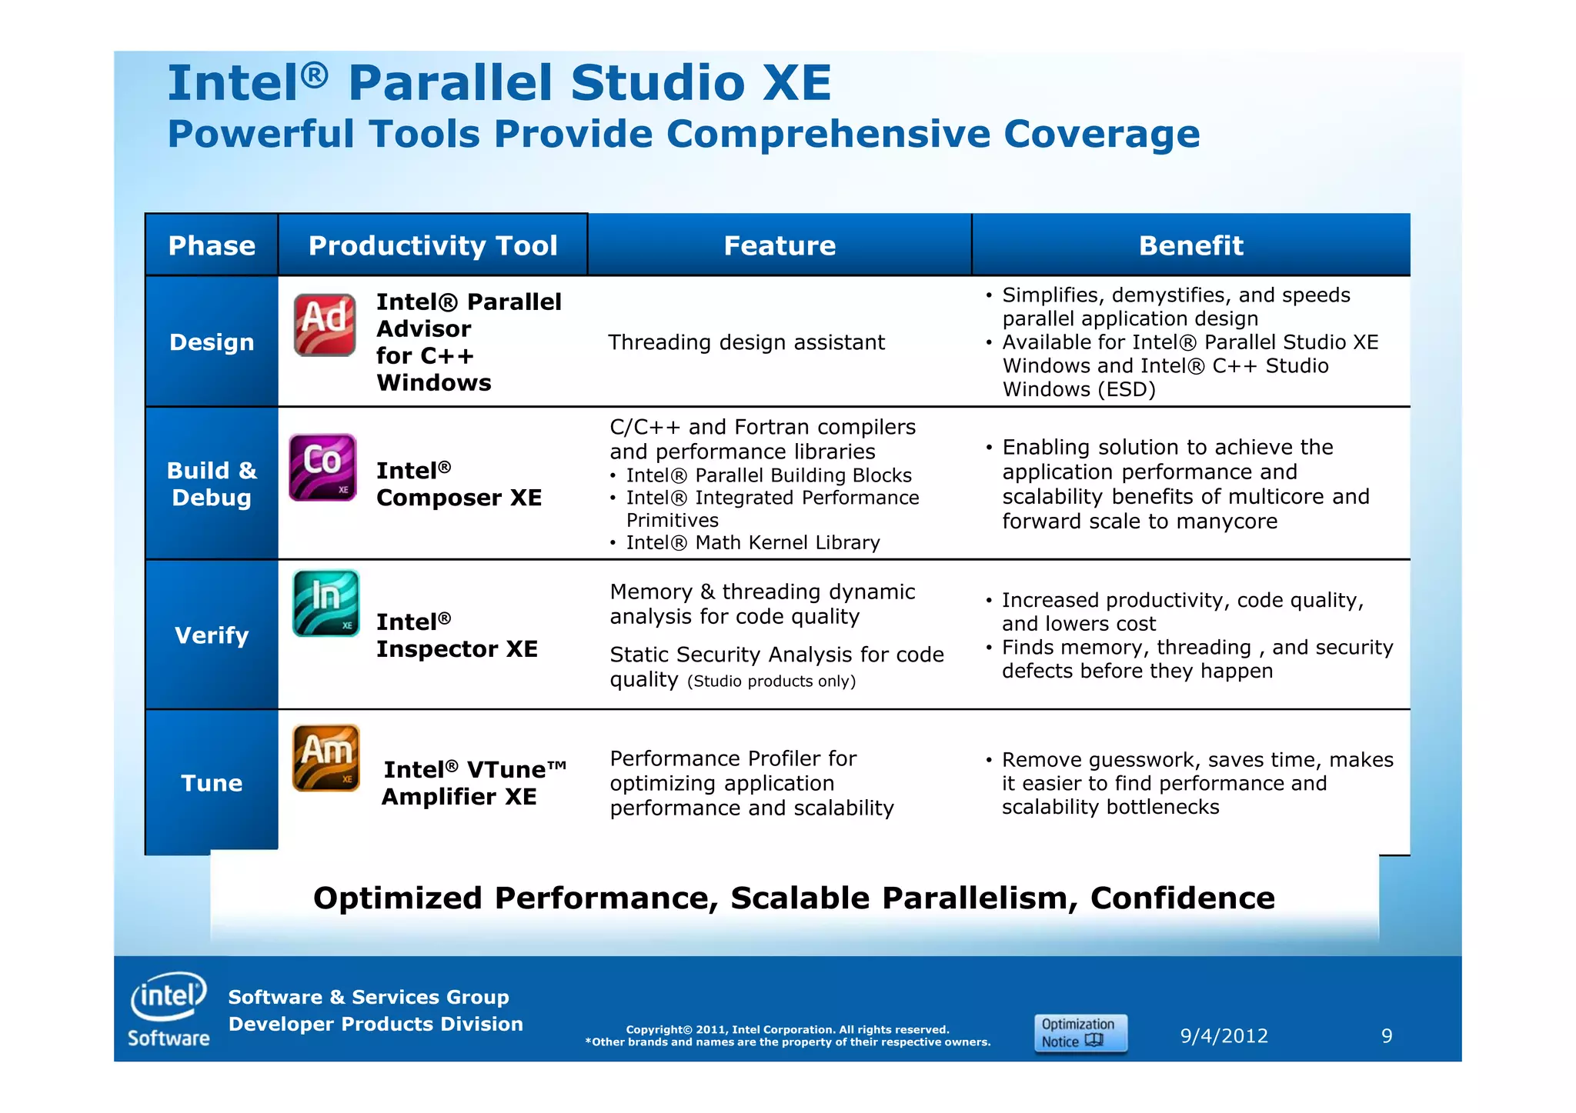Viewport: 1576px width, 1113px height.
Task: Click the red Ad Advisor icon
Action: tap(325, 325)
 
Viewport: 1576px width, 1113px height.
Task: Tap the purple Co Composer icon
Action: tap(322, 468)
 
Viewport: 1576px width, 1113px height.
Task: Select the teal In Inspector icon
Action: tap(326, 603)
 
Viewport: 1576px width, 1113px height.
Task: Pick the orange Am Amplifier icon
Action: tap(326, 758)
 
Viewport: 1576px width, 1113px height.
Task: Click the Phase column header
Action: tap(212, 245)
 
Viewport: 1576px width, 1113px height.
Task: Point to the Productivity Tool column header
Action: tap(432, 245)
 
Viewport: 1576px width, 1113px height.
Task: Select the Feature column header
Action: tap(780, 245)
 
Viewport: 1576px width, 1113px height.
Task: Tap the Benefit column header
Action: tap(1190, 245)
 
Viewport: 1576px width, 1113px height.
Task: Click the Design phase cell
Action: tap(212, 342)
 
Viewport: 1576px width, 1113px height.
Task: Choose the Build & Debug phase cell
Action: tap(212, 484)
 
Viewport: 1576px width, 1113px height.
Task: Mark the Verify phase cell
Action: tap(212, 635)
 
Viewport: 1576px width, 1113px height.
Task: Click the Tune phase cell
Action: tap(212, 783)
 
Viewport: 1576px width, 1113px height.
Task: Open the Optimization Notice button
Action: tap(1080, 1033)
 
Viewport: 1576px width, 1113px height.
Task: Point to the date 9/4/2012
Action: tap(1224, 1036)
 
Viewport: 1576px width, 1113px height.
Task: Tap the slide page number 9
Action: tap(1387, 1036)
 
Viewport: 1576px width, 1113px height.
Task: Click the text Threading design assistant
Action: tap(746, 342)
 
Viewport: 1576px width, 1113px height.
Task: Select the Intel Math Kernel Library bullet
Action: tap(753, 543)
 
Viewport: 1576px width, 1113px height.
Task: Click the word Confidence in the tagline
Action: tap(1182, 898)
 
